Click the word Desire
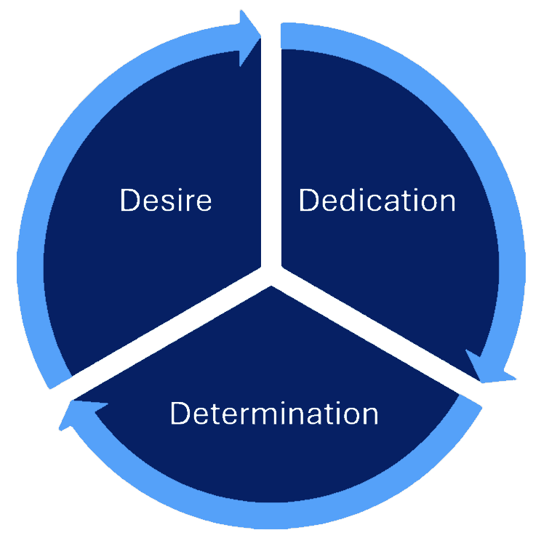166,200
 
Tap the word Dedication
377,200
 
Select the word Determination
274,413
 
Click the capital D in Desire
129,200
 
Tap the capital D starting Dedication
308,200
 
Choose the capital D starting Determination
180,413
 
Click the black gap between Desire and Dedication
270,145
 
